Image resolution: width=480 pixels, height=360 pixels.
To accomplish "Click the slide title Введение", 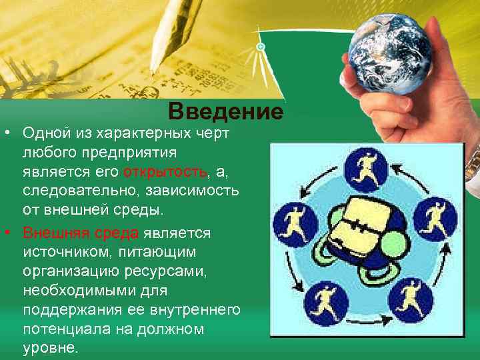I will coord(226,110).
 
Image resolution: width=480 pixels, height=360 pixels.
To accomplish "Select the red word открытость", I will coord(165,173).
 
